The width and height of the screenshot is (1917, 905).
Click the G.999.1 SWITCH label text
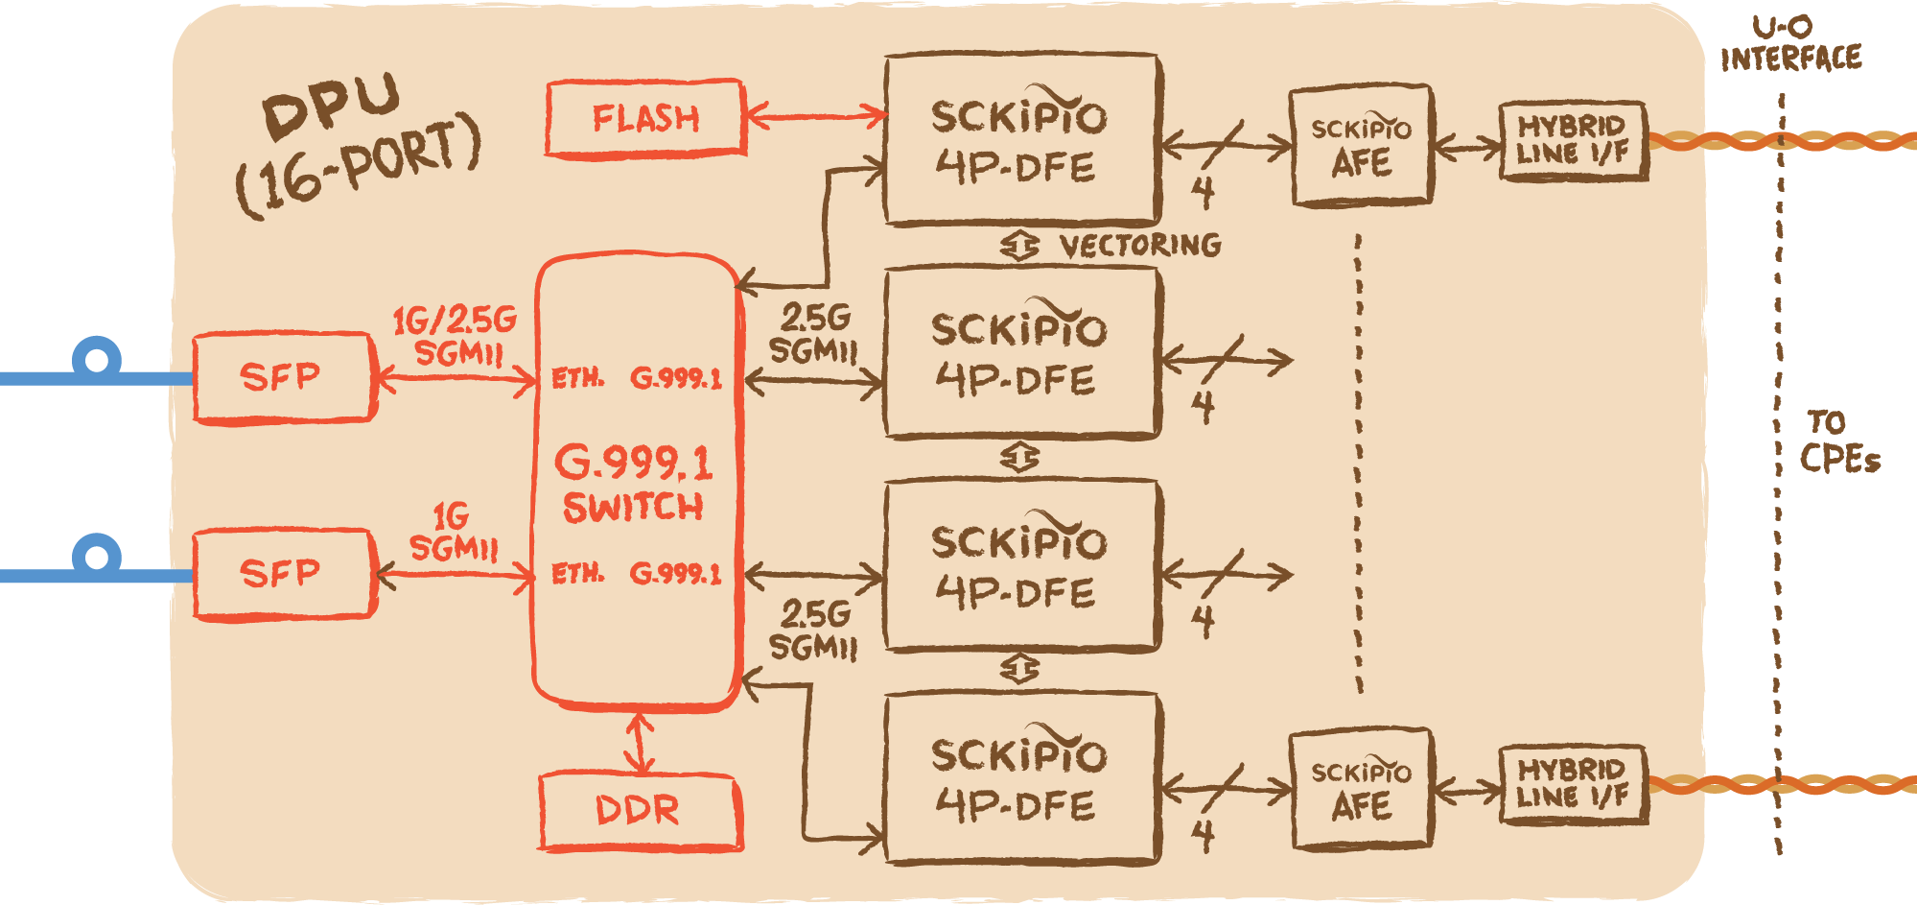[x=634, y=483]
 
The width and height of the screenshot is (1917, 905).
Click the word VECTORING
[x=1140, y=246]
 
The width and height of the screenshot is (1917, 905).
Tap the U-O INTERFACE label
[x=1790, y=44]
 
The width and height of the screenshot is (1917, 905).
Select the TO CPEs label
[x=1839, y=441]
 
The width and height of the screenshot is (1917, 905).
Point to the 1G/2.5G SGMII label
[x=456, y=336]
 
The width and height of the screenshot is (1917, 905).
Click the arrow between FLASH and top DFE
[x=816, y=117]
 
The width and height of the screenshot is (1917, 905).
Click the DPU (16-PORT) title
[x=358, y=144]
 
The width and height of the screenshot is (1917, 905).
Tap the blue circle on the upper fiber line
[x=97, y=361]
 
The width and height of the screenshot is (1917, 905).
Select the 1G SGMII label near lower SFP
[x=454, y=532]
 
